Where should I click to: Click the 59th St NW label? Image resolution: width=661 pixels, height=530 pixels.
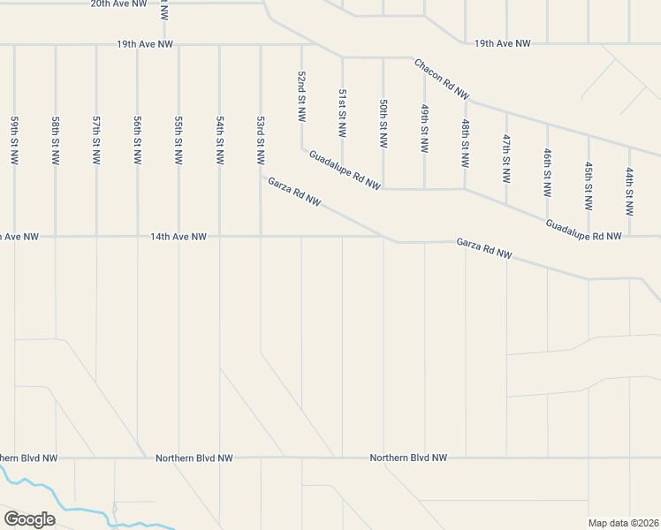click(15, 140)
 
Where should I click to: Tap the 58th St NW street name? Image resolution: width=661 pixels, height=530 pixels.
click(56, 140)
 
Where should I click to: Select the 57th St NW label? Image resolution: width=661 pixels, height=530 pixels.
click(96, 140)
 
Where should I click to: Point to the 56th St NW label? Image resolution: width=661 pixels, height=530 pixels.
click(138, 140)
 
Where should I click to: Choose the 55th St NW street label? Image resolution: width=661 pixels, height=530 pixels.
click(179, 140)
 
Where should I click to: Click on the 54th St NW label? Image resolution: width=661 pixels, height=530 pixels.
click(219, 140)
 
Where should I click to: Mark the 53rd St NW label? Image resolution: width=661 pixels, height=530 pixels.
click(261, 140)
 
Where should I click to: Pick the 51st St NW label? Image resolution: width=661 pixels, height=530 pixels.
click(342, 112)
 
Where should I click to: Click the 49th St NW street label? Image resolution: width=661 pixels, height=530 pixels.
click(424, 129)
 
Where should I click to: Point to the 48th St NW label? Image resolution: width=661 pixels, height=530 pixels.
click(465, 144)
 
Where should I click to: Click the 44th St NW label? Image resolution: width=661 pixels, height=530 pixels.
click(629, 193)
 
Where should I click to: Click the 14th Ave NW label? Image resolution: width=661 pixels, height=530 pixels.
click(179, 237)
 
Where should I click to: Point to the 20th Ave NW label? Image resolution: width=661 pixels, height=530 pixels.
click(118, 4)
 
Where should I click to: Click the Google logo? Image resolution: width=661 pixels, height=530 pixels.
click(29, 519)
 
